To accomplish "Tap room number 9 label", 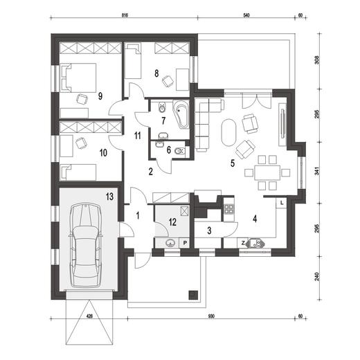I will point(101,96).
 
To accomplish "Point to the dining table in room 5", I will point(266,170).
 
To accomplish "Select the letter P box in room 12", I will point(185,242).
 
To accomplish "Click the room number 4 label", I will point(255,219).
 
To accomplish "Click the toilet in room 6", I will point(178,150).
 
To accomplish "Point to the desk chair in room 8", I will point(167,81).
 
